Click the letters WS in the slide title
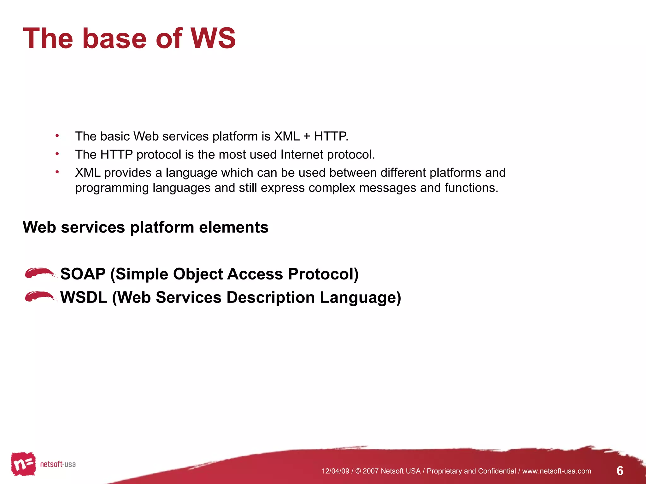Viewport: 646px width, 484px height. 213,38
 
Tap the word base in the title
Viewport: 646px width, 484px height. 114,38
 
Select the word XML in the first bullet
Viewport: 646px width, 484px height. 287,136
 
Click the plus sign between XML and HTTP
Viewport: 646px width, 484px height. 307,136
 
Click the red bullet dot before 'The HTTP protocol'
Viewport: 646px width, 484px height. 57,154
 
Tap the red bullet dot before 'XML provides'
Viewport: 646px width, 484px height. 57,172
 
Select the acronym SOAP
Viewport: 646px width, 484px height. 83,274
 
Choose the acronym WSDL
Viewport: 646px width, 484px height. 84,297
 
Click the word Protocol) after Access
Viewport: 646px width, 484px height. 323,274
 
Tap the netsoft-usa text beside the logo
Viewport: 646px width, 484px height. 58,464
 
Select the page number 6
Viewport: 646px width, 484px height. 620,471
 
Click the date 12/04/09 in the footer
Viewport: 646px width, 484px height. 335,471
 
